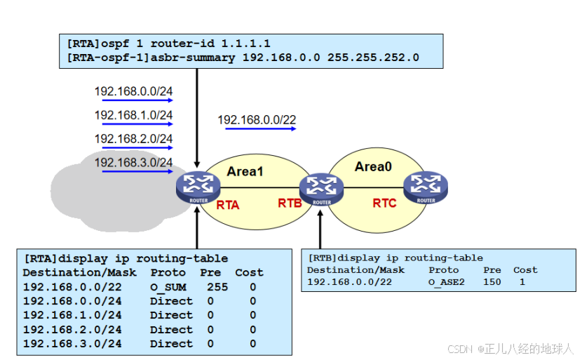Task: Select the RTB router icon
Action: coord(320,187)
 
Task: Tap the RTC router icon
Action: coord(425,186)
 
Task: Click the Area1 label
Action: coord(245,171)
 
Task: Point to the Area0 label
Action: coord(374,166)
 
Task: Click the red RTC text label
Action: coord(384,204)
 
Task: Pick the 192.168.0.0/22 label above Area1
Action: coord(257,120)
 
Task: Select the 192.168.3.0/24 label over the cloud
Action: coord(133,162)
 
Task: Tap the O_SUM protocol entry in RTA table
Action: coord(168,287)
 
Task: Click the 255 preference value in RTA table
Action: coord(218,287)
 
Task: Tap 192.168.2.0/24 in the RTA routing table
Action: coord(72,330)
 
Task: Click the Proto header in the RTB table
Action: coord(443,269)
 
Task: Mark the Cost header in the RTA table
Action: coord(249,272)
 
